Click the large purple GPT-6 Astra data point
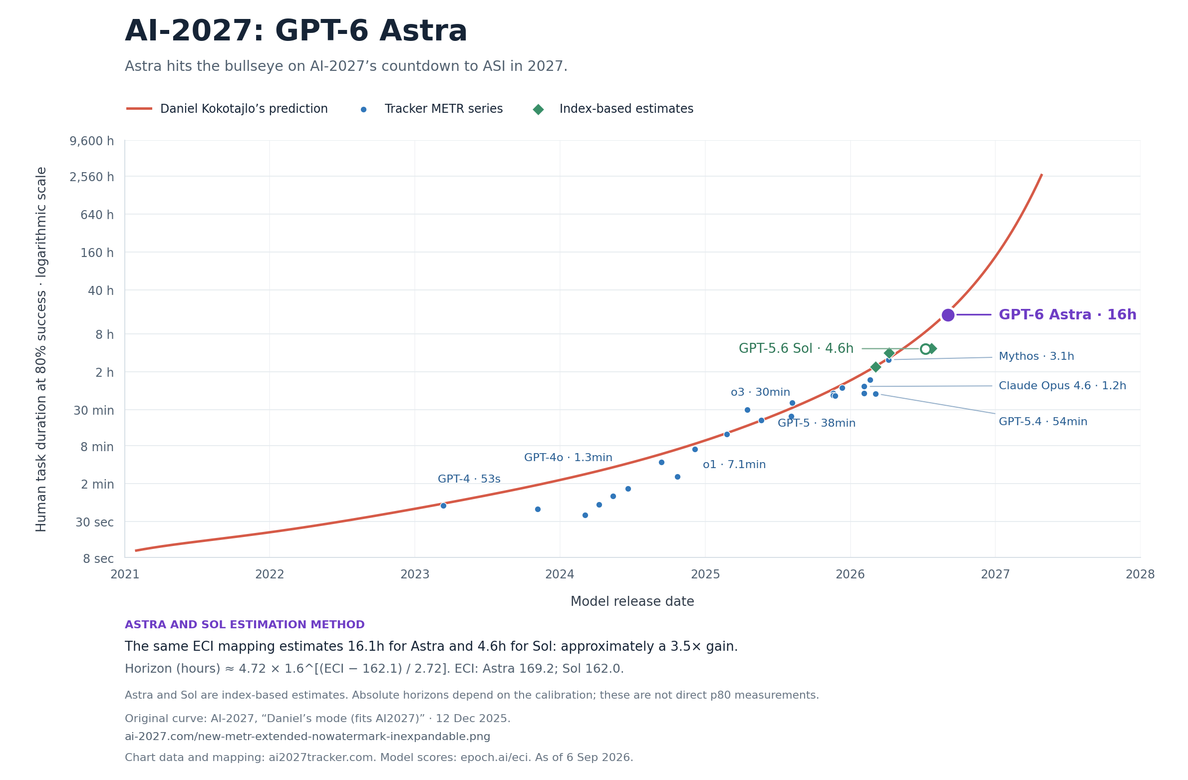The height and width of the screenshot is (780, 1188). (948, 315)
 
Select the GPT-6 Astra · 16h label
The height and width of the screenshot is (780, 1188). (1067, 315)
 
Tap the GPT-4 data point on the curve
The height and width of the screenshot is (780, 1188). (443, 506)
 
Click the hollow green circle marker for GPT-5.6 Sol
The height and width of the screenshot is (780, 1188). (925, 349)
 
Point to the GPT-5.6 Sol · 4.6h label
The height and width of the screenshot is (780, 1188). (796, 348)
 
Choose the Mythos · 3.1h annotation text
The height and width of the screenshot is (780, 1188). (1036, 356)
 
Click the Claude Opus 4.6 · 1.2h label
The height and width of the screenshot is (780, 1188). (1062, 386)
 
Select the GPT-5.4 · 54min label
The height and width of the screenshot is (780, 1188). (1043, 422)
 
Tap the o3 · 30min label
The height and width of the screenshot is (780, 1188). (760, 392)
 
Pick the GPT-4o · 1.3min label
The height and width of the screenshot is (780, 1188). (568, 458)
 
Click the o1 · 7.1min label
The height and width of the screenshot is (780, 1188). (734, 465)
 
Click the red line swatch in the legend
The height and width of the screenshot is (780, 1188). (139, 109)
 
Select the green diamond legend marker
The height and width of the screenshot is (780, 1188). (538, 109)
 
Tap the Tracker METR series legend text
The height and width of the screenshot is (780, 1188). (444, 109)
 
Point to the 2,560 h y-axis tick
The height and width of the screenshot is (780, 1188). (92, 177)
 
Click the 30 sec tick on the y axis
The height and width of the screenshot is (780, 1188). (95, 522)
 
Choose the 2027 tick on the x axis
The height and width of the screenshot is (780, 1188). (995, 574)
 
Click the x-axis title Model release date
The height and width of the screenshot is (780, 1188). (632, 601)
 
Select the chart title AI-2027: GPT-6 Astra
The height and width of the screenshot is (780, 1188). (296, 31)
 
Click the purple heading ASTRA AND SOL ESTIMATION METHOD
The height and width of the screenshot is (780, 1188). (245, 625)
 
